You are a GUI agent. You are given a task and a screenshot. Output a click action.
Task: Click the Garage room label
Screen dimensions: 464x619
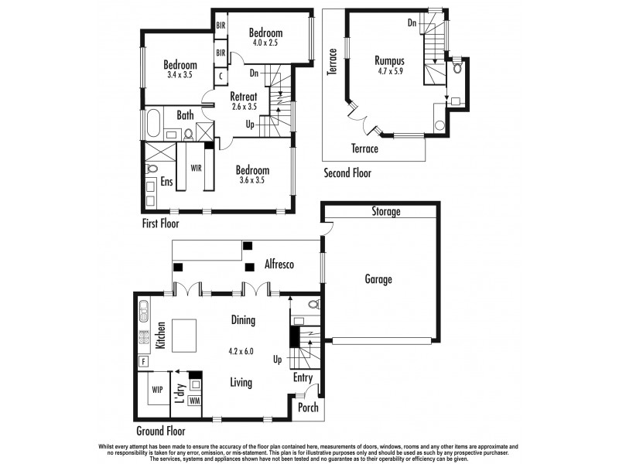click(379, 279)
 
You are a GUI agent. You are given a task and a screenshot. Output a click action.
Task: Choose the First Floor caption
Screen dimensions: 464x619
click(161, 224)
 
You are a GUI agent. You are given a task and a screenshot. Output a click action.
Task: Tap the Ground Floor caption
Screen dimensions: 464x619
click(161, 431)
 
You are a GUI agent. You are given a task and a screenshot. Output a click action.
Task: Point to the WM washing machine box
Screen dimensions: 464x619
click(194, 401)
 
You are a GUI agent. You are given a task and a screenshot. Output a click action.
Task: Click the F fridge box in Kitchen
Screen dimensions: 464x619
click(144, 361)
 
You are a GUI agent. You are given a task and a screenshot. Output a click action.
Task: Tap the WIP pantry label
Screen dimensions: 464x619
click(157, 390)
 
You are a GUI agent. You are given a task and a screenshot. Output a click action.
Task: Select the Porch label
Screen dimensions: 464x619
click(309, 408)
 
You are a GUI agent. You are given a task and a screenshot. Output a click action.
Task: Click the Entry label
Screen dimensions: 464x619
click(303, 377)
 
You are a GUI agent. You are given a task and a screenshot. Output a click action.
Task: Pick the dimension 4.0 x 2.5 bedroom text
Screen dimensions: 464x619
click(263, 43)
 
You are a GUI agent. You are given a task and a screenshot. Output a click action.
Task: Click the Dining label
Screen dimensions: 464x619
click(243, 319)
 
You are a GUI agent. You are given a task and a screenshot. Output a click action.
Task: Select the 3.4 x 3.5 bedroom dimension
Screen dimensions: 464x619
click(179, 75)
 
